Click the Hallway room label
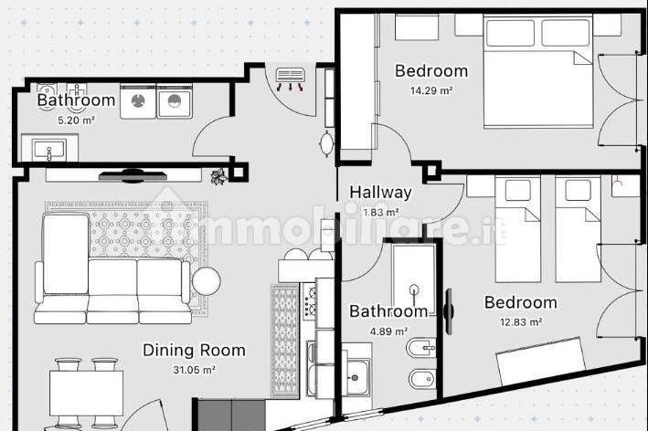tap(380, 193)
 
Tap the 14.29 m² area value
tap(431, 90)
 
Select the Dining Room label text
tap(194, 351)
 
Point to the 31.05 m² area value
tap(194, 370)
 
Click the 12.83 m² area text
tap(521, 321)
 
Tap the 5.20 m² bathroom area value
tap(76, 121)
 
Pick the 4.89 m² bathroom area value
tap(388, 331)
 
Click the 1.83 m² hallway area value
tap(380, 213)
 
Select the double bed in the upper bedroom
tap(539, 71)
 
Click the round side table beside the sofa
tap(207, 280)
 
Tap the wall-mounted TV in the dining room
tap(133, 176)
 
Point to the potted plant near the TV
tap(219, 176)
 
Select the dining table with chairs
tap(87, 393)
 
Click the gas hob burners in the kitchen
tap(310, 300)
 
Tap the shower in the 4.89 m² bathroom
tap(413, 279)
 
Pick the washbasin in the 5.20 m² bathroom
tap(49, 148)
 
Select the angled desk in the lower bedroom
tap(541, 361)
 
